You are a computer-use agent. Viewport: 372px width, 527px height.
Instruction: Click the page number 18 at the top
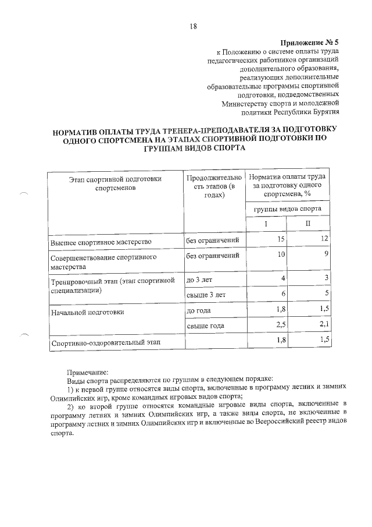click(x=194, y=26)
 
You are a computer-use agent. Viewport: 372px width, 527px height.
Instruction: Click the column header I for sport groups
click(x=266, y=224)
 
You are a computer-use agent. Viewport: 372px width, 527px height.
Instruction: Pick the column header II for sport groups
click(x=309, y=224)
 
